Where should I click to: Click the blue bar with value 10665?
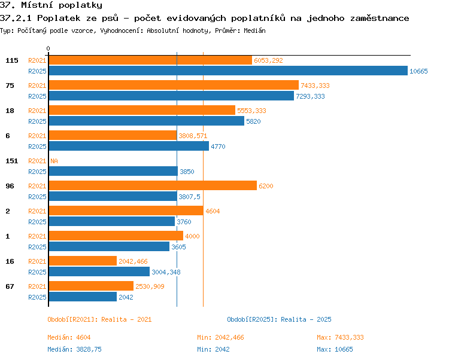[228, 71]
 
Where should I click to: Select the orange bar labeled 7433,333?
[174, 85]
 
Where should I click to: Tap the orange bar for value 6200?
[153, 185]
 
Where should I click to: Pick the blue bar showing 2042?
[83, 297]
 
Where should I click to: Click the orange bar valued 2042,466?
[83, 261]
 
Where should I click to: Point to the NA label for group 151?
[54, 161]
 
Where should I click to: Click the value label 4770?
[218, 147]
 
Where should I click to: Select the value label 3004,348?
[166, 272]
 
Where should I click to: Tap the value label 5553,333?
[251, 111]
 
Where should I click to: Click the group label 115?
[12, 60]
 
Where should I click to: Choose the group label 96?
[10, 186]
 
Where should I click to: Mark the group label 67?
[10, 286]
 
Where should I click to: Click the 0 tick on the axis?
[48, 48]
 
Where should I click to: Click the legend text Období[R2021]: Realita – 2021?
[99, 319]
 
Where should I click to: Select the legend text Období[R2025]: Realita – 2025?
[279, 319]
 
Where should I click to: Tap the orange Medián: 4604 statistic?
[69, 337]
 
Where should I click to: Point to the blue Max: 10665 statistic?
[335, 349]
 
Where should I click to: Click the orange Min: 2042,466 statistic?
[220, 337]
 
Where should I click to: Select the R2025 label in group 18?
[37, 121]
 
